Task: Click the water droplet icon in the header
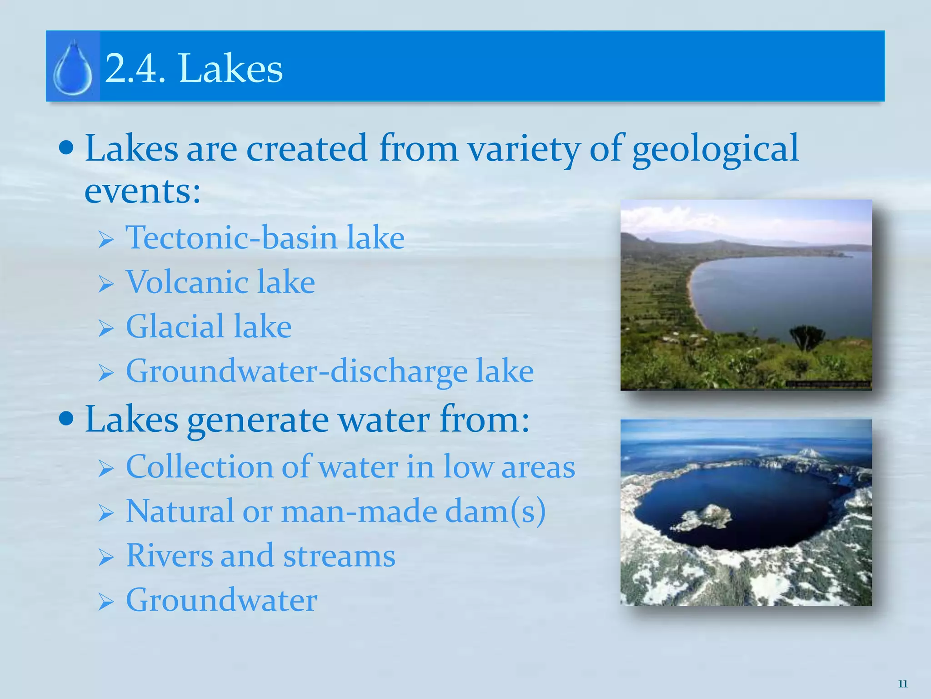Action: [73, 68]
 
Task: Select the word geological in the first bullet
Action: [715, 149]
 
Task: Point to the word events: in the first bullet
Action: [143, 191]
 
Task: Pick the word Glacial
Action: [175, 326]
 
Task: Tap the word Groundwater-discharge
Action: [296, 371]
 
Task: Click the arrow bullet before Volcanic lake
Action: [105, 284]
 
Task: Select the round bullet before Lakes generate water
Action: [66, 418]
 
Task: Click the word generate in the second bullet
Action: [258, 420]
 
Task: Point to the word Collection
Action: [199, 466]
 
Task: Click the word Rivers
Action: [169, 555]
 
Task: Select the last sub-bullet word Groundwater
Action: [221, 600]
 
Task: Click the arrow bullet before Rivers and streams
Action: [105, 557]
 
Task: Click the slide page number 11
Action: [903, 684]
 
